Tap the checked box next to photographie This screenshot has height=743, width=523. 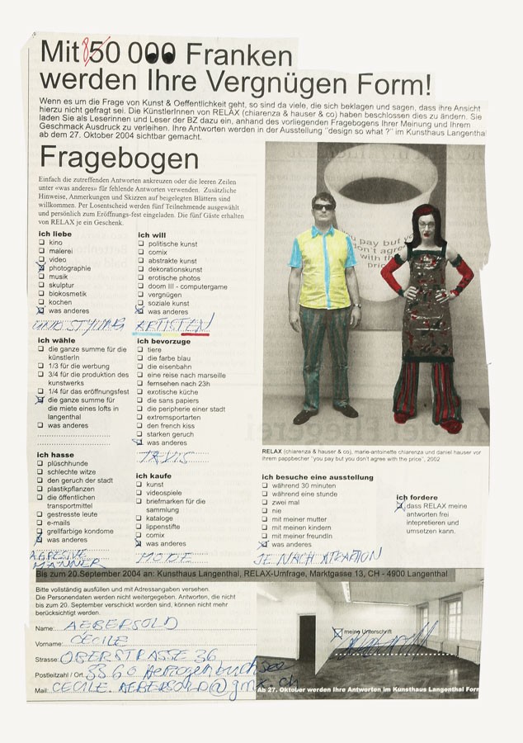pos(41,268)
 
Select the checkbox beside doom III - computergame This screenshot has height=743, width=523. pos(141,286)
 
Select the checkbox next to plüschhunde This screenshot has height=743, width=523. pos(41,464)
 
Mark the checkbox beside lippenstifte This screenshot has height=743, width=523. pos(141,526)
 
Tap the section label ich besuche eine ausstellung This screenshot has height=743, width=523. pos(318,477)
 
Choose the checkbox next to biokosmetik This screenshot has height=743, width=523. pos(41,294)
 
